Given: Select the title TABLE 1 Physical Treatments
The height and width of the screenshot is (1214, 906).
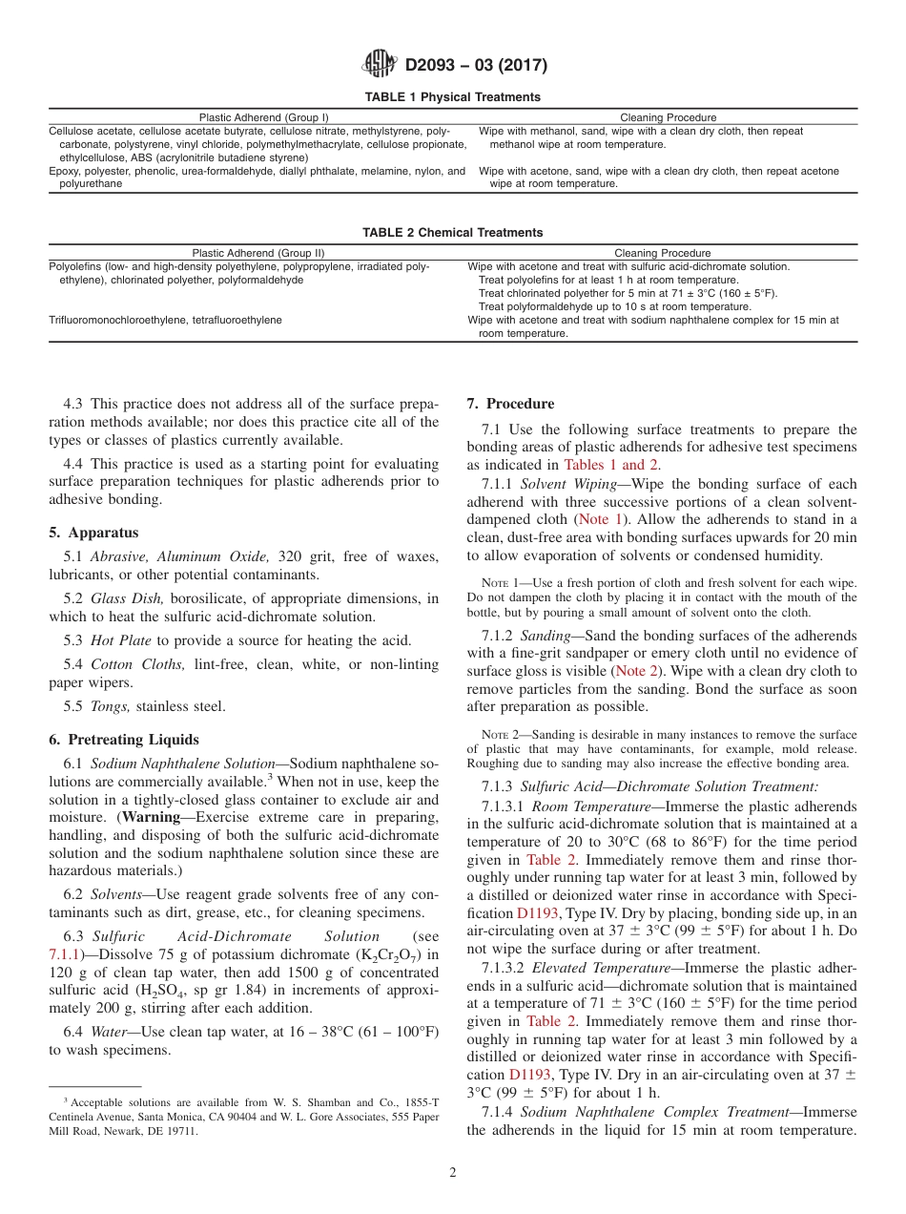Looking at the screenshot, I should pos(452,97).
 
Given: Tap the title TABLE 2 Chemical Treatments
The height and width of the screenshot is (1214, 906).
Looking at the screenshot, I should pos(452,233).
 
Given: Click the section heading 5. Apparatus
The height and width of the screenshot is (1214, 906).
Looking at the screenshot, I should pos(93,533).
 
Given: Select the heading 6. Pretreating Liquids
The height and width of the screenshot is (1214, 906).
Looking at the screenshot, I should pos(124,740).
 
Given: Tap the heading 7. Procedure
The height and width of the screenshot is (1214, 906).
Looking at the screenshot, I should pos(510,404).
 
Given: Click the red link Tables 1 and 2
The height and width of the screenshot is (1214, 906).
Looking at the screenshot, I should pos(611,465).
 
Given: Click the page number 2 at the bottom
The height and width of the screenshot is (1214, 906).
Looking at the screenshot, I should pos(453,1173).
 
